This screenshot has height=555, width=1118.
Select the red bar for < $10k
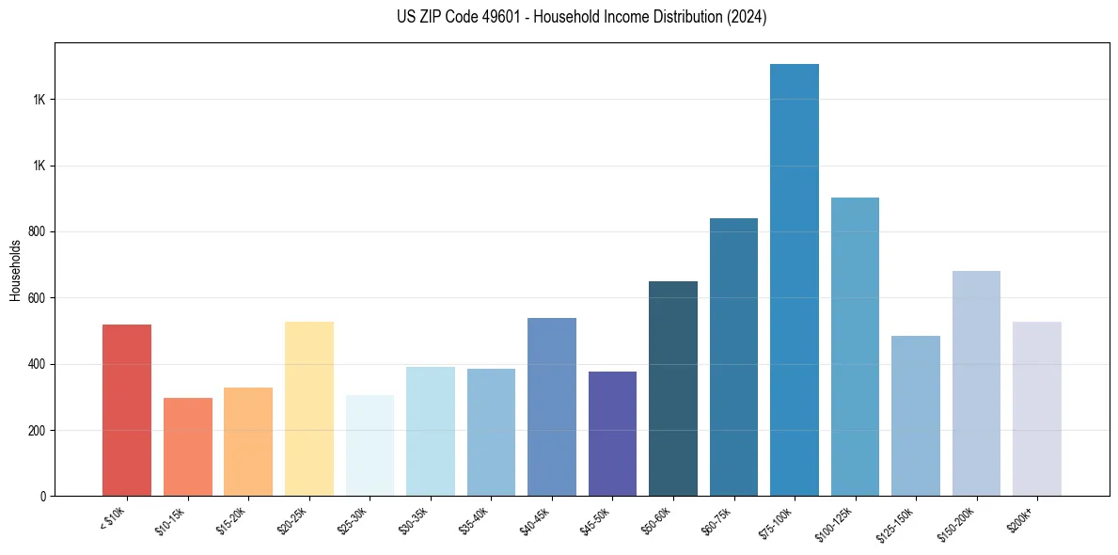(127, 410)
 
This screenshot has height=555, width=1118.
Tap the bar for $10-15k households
(187, 447)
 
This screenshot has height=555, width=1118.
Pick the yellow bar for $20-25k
(308, 408)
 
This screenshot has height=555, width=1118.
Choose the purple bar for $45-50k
(612, 434)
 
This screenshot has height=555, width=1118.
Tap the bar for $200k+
(1036, 408)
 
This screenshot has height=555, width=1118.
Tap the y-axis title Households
(15, 270)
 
